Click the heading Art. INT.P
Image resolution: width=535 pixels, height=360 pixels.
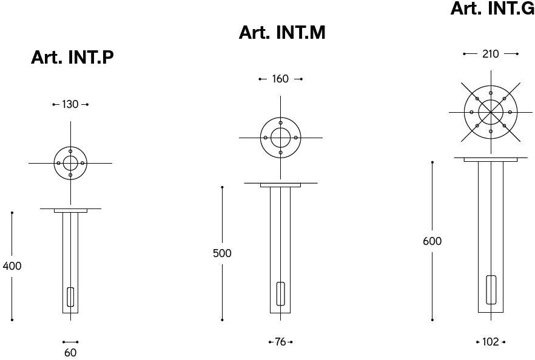(72, 57)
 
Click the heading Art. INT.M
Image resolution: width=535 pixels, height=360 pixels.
(282, 32)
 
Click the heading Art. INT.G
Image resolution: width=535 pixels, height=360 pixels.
(493, 8)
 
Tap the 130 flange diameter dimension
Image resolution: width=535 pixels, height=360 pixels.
(70, 104)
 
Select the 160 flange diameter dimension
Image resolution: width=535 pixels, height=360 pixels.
(280, 79)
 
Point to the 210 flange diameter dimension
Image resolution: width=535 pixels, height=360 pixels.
(490, 54)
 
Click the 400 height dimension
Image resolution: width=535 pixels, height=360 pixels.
(12, 266)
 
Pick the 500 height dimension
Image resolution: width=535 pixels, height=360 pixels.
(222, 253)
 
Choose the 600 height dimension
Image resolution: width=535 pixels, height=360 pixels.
(432, 241)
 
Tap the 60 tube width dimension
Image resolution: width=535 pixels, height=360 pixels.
(70, 353)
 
